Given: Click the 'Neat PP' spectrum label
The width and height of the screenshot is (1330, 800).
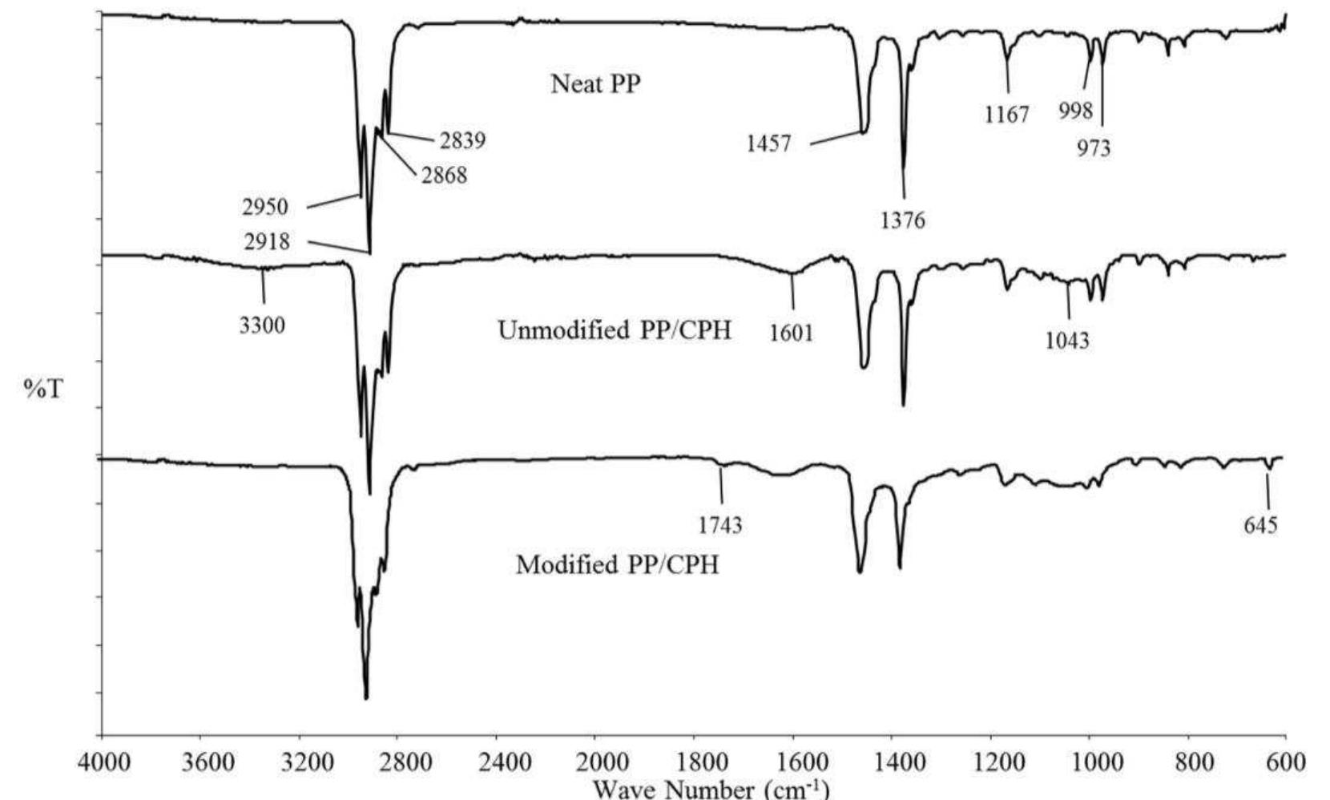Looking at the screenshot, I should [x=595, y=84].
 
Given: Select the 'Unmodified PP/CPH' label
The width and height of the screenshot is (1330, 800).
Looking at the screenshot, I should [x=615, y=330].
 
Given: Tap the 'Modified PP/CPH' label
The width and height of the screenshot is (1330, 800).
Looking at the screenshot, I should [x=617, y=564].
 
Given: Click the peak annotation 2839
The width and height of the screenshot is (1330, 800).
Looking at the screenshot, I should [x=462, y=141].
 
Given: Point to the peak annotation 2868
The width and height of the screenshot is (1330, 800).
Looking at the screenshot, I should [x=444, y=175].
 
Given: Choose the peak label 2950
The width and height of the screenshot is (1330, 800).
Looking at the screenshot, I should [x=265, y=208].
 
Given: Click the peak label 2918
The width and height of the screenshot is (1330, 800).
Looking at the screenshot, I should [x=267, y=241].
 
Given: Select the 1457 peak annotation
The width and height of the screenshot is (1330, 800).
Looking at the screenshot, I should [x=769, y=144].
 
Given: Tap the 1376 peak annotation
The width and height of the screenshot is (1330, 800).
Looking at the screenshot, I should [x=903, y=220].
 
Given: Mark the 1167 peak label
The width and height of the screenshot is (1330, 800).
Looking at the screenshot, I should [x=1007, y=115].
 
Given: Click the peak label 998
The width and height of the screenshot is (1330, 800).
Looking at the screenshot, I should [x=1075, y=111].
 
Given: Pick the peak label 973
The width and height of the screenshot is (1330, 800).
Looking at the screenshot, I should [x=1094, y=148].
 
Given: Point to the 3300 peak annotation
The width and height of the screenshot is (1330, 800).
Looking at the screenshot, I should [x=263, y=326].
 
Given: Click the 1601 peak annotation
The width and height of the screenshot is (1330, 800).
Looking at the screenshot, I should [x=792, y=332].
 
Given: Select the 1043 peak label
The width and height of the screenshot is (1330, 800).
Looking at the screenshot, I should [x=1067, y=341].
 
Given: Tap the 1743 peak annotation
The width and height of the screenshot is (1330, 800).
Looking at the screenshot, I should [x=719, y=526].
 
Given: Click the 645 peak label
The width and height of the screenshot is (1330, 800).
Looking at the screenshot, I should [x=1261, y=526].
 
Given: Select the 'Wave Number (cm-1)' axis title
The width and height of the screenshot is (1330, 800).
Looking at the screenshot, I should [x=711, y=789].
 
